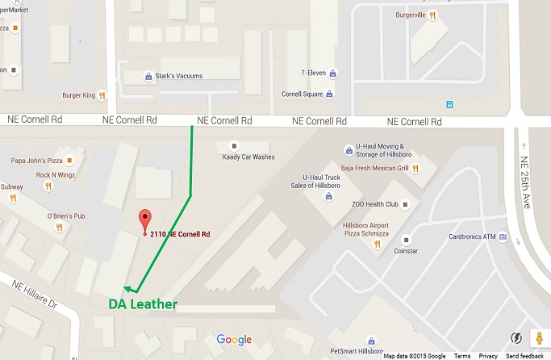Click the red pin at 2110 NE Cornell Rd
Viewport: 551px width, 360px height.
pyautogui.click(x=145, y=219)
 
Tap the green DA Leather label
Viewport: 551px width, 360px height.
pyautogui.click(x=143, y=304)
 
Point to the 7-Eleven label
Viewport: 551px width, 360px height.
pyautogui.click(x=312, y=73)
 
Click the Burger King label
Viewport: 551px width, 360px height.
pyautogui.click(x=78, y=95)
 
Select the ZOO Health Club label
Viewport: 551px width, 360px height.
pyautogui.click(x=375, y=204)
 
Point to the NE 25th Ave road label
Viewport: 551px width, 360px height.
pyautogui.click(x=525, y=182)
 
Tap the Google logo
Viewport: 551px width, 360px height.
pyautogui.click(x=233, y=340)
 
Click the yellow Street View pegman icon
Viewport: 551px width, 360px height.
pyautogui.click(x=539, y=337)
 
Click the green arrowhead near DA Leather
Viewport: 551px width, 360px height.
pyautogui.click(x=128, y=287)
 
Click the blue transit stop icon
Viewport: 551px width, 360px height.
pyautogui.click(x=449, y=103)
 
